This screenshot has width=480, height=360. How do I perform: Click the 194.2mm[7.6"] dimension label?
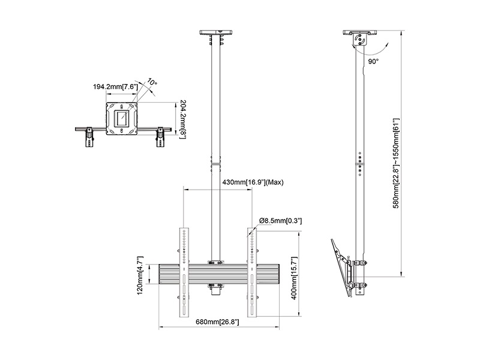tap(115, 86)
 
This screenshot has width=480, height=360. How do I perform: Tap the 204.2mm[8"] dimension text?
tap(183, 119)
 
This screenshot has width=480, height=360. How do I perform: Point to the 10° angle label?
tap(152, 82)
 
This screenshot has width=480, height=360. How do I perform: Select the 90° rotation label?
tap(373, 62)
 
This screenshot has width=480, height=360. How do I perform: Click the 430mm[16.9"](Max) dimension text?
tap(253, 182)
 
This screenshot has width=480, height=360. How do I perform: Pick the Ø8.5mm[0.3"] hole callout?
tap(280, 221)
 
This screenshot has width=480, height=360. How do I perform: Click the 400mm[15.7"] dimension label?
tap(294, 278)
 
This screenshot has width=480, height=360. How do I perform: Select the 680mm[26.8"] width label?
tap(217, 322)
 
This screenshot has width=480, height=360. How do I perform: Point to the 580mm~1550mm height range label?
tap(396, 163)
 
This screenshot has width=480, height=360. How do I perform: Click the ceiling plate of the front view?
tap(215, 32)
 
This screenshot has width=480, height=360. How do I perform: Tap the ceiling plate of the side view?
tap(359, 32)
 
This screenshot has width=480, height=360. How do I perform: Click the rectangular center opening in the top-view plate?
tap(122, 118)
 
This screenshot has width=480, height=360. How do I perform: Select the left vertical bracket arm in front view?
tap(184, 272)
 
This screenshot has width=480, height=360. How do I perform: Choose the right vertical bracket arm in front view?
tap(252, 272)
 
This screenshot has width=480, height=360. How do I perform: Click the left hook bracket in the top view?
tap(89, 137)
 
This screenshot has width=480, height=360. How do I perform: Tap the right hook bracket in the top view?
tap(160, 137)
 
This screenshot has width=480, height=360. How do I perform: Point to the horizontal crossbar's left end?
tap(159, 274)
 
